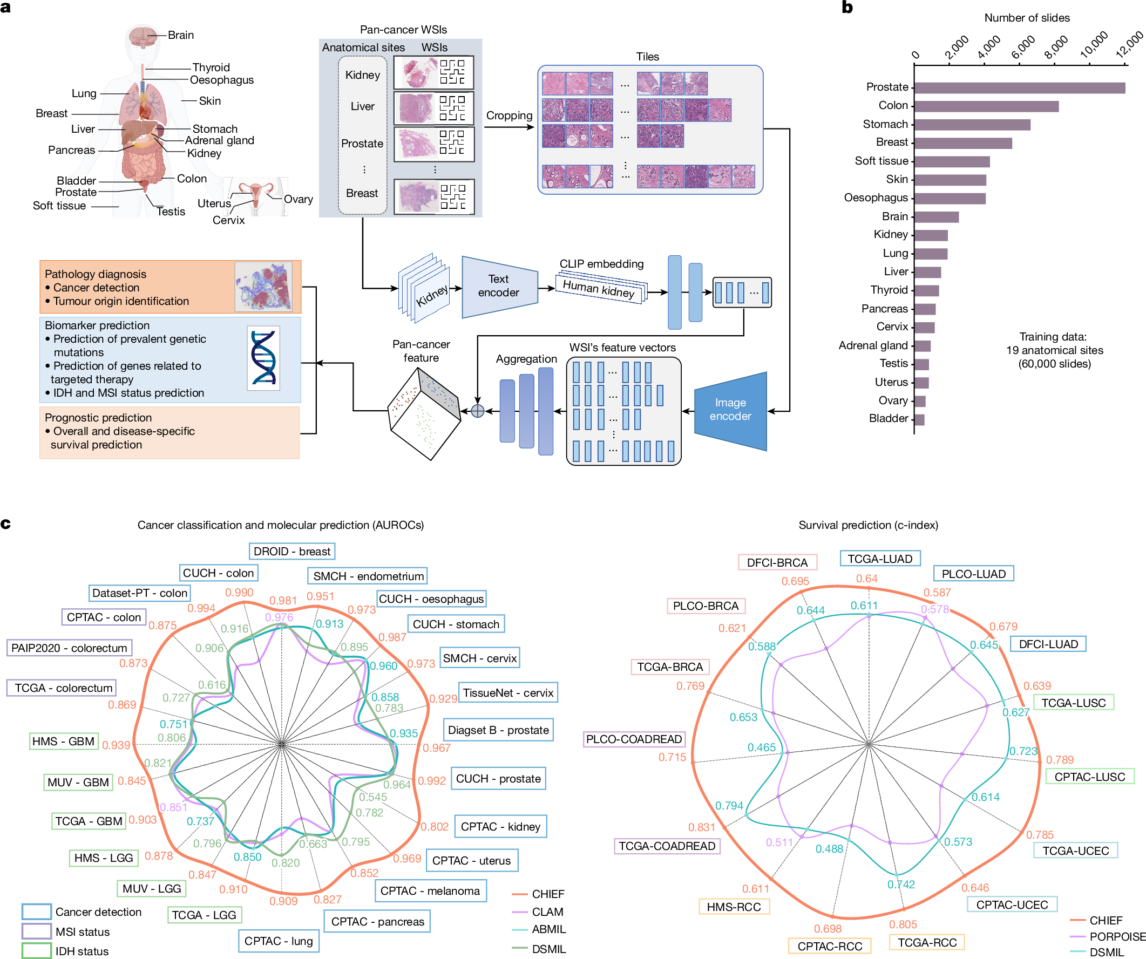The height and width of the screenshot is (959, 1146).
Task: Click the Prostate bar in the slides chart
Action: (x=1019, y=87)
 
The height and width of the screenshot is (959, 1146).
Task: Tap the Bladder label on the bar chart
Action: (x=889, y=418)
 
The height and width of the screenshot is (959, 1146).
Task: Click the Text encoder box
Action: (x=499, y=286)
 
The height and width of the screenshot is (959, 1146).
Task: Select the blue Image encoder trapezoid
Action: (x=730, y=410)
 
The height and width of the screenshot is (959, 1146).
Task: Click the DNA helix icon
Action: (x=263, y=358)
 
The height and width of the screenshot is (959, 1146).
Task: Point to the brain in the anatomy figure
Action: (x=143, y=36)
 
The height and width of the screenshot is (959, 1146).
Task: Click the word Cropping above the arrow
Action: (x=508, y=115)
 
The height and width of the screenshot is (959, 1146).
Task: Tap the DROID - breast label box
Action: (x=292, y=552)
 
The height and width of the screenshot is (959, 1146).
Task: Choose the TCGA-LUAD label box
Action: (x=880, y=559)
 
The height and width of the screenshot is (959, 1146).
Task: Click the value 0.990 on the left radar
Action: (x=239, y=593)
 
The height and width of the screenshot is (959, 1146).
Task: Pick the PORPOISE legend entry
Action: (x=1116, y=937)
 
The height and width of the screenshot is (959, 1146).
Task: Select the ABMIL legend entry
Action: (x=548, y=929)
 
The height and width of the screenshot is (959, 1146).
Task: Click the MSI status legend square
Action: (x=36, y=931)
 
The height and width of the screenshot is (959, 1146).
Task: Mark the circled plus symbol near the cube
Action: (x=478, y=411)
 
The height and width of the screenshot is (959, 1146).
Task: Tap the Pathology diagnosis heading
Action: (x=96, y=274)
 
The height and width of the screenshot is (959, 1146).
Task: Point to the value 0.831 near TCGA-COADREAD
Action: (x=701, y=827)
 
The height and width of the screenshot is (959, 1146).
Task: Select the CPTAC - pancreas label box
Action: (x=378, y=921)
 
